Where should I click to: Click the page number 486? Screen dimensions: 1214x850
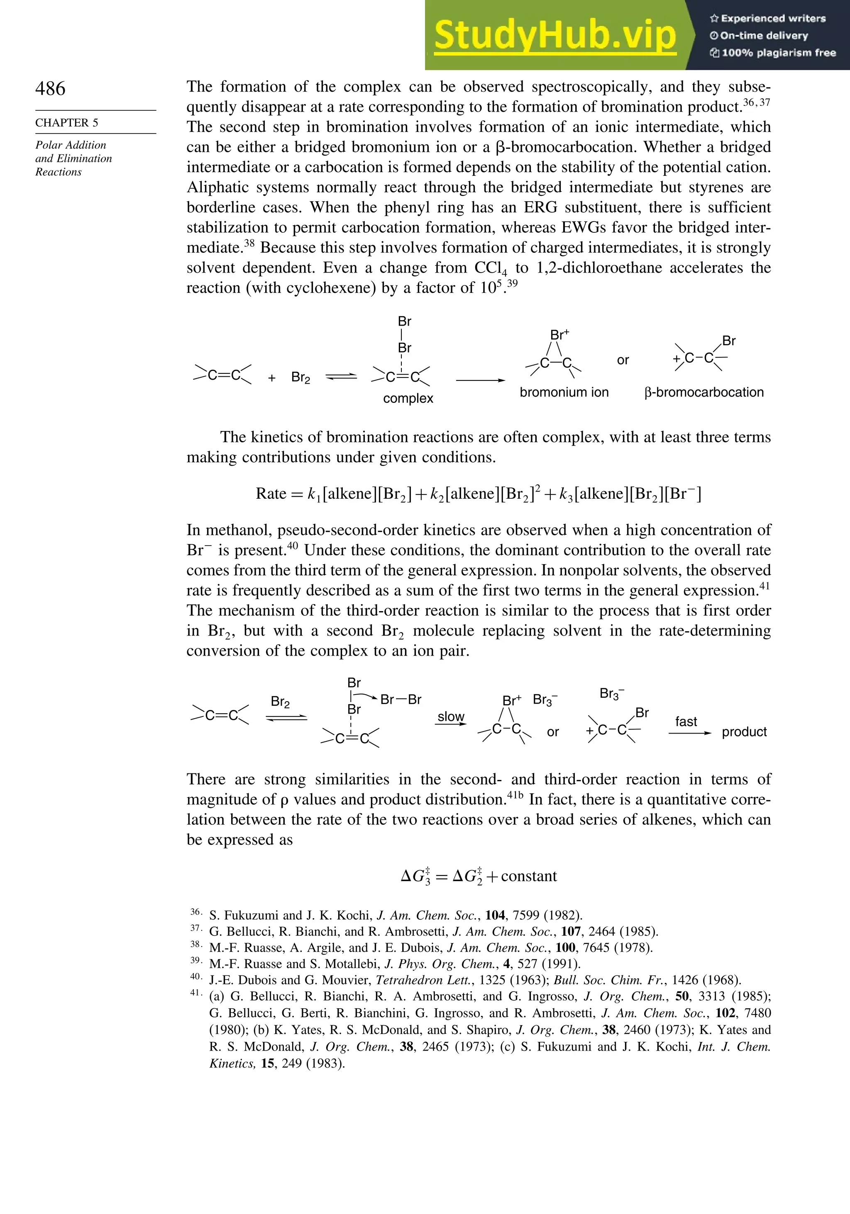[x=50, y=88]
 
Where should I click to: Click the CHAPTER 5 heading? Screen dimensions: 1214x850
[x=67, y=123]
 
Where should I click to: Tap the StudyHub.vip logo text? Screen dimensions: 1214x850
[x=555, y=35]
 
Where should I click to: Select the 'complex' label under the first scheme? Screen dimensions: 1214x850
[x=408, y=398]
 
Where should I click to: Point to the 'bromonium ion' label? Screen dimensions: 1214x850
[x=564, y=392]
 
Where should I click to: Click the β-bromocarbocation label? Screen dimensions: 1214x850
[x=704, y=392]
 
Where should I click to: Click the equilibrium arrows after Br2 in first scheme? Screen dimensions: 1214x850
[x=341, y=376]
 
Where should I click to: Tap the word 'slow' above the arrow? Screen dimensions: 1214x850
[x=451, y=717]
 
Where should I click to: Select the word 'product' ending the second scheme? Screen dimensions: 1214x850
[x=744, y=732]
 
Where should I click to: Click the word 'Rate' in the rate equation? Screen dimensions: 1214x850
[x=271, y=493]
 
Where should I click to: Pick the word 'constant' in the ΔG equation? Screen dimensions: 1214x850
[x=528, y=876]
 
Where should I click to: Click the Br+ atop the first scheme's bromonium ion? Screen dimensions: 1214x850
[x=559, y=335]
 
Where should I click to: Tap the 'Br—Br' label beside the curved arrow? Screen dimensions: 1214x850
[x=401, y=700]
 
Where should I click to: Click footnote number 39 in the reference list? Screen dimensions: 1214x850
[x=195, y=960]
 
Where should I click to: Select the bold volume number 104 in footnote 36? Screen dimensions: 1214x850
[x=495, y=915]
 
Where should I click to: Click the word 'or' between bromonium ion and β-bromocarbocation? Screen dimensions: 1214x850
[x=623, y=360]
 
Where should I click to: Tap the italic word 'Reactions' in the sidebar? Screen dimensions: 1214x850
[x=58, y=172]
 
